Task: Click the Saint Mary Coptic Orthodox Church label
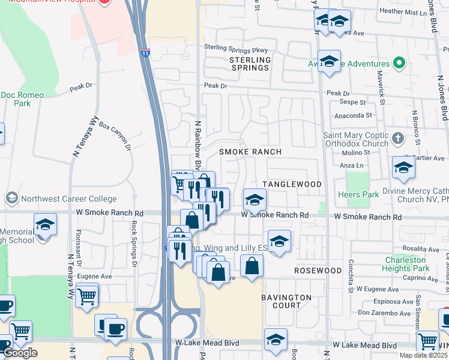[x=356, y=140]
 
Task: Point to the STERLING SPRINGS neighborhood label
[x=250, y=64]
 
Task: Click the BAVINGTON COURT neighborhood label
[x=286, y=301]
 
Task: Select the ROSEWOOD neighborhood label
[x=318, y=271]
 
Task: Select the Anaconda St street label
[x=354, y=115]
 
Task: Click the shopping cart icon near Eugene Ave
[x=88, y=295]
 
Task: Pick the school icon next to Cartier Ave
[x=404, y=168]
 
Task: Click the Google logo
[x=20, y=353]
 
